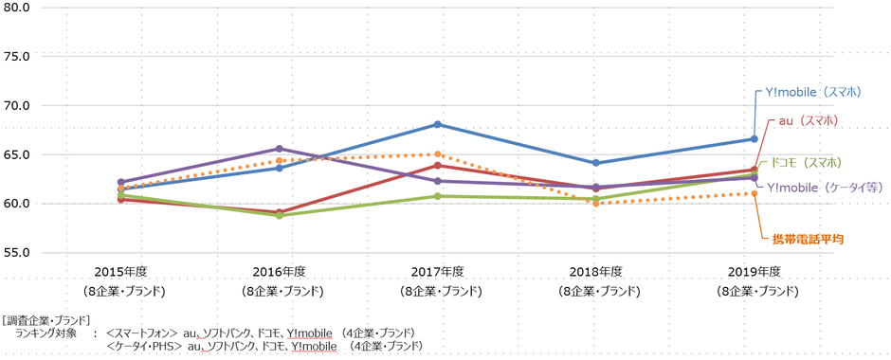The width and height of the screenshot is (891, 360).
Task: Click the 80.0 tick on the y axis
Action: [x=18, y=7]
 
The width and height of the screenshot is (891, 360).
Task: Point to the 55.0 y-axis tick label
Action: [x=18, y=253]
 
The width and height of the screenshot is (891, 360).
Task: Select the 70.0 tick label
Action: [x=18, y=105]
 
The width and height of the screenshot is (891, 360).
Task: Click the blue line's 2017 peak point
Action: [x=437, y=124]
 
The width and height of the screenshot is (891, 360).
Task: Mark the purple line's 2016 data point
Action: [x=279, y=149]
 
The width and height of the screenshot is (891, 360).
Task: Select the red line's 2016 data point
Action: [x=279, y=212]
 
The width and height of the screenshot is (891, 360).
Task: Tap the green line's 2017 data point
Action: [x=437, y=196]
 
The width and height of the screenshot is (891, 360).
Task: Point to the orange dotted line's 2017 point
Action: [x=437, y=154]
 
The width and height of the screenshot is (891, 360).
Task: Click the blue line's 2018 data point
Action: [x=595, y=163]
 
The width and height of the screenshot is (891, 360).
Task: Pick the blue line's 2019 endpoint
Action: [x=754, y=139]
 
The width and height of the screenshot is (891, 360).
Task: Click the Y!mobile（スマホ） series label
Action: [x=814, y=92]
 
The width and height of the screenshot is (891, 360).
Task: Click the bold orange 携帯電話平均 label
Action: [x=808, y=239]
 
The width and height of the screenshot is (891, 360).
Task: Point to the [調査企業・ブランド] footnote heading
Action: [x=46, y=319]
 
